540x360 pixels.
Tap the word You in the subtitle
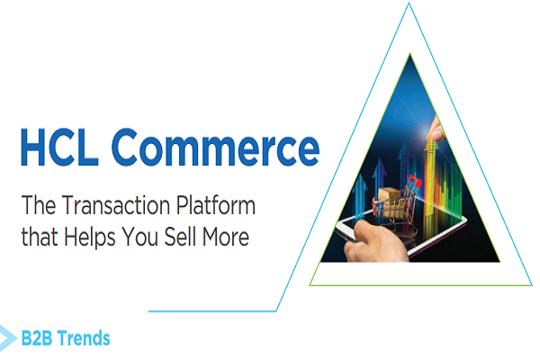coord(158,238)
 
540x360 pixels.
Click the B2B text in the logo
coord(39,339)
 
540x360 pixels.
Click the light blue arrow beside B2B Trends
coord(8,336)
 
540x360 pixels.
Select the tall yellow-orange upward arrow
coord(440,166)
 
